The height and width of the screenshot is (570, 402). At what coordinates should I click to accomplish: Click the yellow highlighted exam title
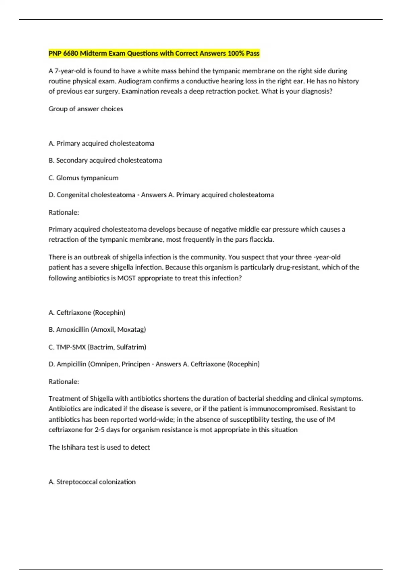pyautogui.click(x=154, y=53)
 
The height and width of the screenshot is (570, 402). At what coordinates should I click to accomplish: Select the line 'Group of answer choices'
pyautogui.click(x=86, y=109)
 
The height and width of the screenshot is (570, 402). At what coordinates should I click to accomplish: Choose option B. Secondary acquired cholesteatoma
pyautogui.click(x=105, y=161)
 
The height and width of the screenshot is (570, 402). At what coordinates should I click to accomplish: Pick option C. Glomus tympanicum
pyautogui.click(x=83, y=178)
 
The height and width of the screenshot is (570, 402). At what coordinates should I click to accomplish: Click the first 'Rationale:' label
pyautogui.click(x=64, y=213)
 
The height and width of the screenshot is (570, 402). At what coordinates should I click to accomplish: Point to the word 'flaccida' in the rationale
pyautogui.click(x=262, y=240)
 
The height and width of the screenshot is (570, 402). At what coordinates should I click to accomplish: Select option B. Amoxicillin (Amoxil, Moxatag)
pyautogui.click(x=97, y=330)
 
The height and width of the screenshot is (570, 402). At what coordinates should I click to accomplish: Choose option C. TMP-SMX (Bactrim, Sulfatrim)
pyautogui.click(x=97, y=347)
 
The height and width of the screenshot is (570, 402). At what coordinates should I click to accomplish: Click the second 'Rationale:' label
pyautogui.click(x=64, y=382)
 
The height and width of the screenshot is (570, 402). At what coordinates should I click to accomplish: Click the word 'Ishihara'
pyautogui.click(x=73, y=447)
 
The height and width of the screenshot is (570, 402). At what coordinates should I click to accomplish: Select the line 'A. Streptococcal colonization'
pyautogui.click(x=92, y=482)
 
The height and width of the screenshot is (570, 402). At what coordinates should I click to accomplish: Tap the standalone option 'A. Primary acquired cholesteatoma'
pyautogui.click(x=102, y=144)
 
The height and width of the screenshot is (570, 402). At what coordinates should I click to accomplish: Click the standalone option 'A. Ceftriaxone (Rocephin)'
pyautogui.click(x=87, y=313)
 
